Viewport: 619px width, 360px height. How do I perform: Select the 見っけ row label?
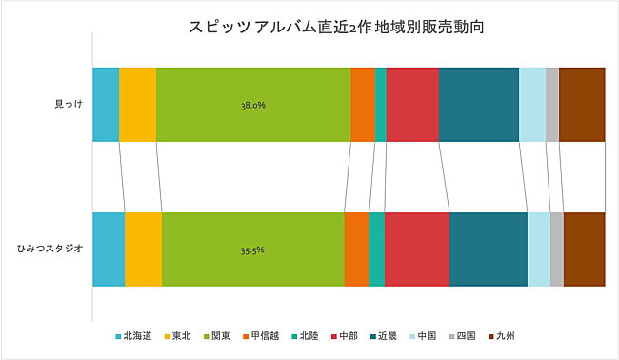tap(69, 105)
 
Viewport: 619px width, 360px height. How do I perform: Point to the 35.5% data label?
tap(252, 250)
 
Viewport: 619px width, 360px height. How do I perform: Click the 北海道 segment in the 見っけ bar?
tap(106, 105)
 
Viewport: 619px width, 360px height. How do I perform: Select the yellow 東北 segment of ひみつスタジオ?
tap(143, 250)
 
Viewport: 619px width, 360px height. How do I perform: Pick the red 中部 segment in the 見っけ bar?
tap(412, 105)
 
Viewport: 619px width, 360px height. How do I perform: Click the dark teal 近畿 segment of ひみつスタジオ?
tap(488, 250)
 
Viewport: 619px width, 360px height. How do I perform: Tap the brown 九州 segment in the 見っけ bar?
tap(581, 105)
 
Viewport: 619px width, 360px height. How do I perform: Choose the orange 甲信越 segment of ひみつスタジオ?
tap(356, 250)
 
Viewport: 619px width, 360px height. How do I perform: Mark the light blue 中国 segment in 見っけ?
tap(532, 105)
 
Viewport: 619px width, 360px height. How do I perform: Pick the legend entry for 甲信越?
tap(261, 336)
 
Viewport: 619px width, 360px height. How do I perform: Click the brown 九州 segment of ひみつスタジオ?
tap(584, 250)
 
